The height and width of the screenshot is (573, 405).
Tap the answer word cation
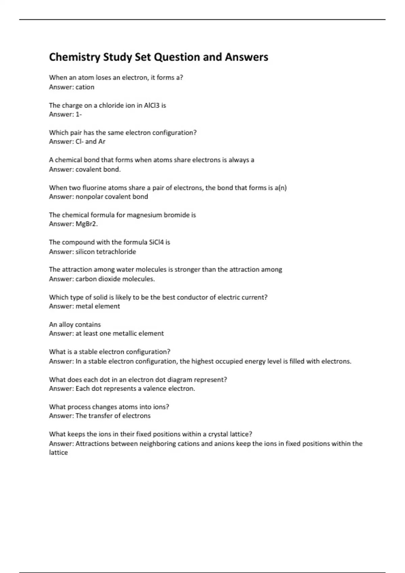click(x=85, y=87)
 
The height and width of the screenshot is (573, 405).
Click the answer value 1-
click(x=79, y=114)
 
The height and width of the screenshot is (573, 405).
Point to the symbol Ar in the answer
click(x=102, y=142)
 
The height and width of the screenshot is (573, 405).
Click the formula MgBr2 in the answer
click(x=86, y=224)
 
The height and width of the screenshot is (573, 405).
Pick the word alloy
click(x=66, y=325)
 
